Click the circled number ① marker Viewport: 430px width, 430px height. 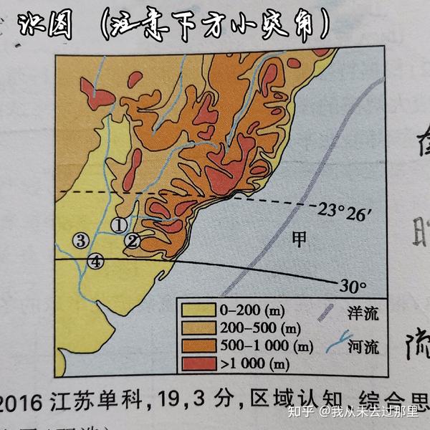pyautogui.click(x=119, y=224)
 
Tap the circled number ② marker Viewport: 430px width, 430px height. pyautogui.click(x=132, y=241)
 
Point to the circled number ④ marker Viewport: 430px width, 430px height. pyautogui.click(x=96, y=262)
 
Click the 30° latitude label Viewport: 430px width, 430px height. pyautogui.click(x=353, y=286)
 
